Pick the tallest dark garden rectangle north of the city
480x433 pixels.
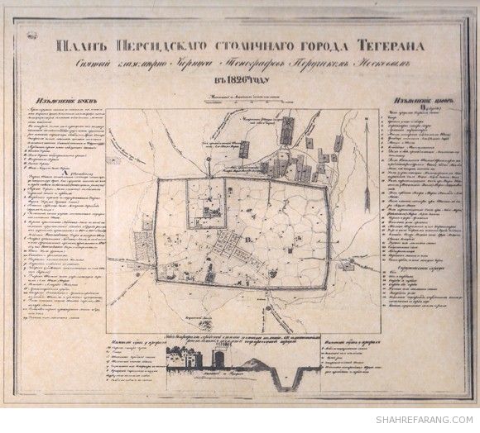[x=287, y=131]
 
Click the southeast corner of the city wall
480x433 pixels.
[x=331, y=303]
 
